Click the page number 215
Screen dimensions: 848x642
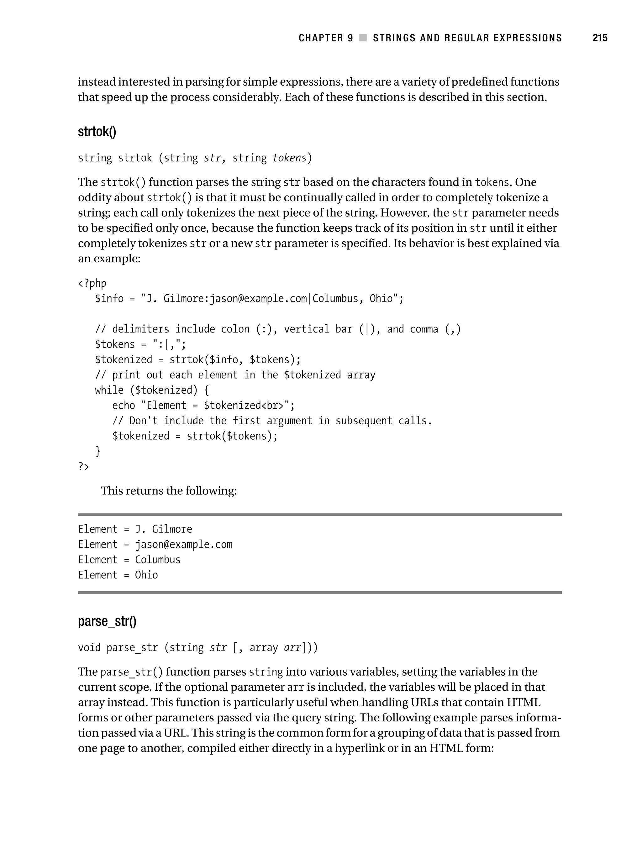600,38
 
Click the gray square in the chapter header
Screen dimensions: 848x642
363,38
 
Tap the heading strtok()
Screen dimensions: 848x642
97,132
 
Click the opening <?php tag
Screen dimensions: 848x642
92,283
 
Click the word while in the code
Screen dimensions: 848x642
109,390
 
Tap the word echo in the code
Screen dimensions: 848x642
124,405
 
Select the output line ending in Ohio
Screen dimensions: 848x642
118,575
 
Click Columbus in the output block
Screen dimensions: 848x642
158,559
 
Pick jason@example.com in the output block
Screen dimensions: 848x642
183,544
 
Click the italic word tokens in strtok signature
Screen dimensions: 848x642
289,158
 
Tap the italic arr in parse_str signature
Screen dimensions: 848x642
292,647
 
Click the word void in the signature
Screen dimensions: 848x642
89,647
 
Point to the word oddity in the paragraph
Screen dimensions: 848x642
92,197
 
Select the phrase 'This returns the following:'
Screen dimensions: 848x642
169,491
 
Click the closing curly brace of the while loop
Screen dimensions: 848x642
98,451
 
